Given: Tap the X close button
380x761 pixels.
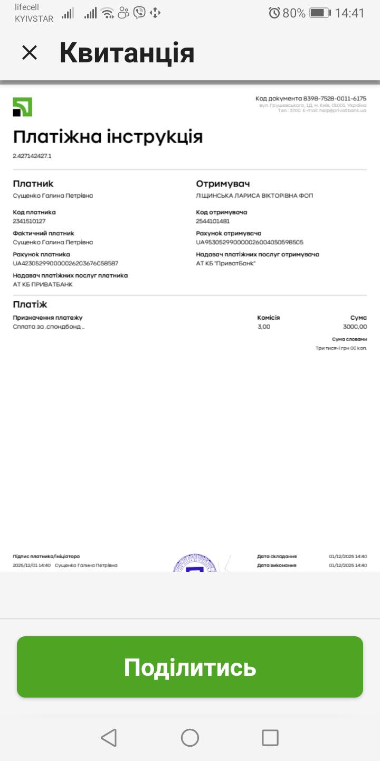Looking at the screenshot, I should coord(30,53).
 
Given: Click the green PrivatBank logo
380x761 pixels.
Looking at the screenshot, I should coord(23,107).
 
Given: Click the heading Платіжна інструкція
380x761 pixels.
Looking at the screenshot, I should coord(108,137).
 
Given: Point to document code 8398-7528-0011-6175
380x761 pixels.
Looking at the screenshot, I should coord(335,98).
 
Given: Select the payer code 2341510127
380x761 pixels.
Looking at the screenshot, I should coord(29,221).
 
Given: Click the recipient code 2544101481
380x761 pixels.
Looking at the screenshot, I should coord(213,221).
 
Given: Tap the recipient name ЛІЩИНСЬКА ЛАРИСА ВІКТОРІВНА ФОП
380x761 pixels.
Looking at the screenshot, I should coord(254,196).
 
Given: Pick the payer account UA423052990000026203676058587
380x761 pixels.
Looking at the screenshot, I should coord(65,263).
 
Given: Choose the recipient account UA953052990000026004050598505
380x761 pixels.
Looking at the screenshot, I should coord(250,242).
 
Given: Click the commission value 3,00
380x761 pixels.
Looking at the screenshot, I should coord(264,327).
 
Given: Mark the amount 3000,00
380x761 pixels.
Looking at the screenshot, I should coord(355,327).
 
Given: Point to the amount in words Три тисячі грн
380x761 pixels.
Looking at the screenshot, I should coord(341,348).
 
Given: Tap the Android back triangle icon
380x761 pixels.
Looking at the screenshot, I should coord(109,737).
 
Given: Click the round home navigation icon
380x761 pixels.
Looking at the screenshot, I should coord(190,737).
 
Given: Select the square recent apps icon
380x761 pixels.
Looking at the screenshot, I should coord(270,737).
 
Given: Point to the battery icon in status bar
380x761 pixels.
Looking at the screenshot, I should coord(320,13).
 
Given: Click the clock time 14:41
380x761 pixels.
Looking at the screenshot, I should coord(349,13).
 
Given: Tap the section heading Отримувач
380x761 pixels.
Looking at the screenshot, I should coord(223,184).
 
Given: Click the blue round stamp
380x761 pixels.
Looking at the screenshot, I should coord(195,563).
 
